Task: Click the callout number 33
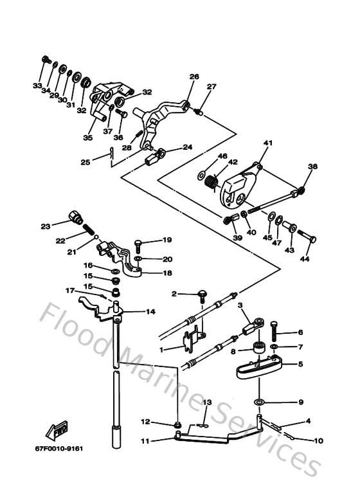[37, 86]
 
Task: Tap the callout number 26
[194, 77]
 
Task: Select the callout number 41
[267, 142]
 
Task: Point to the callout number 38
[312, 167]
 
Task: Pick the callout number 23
[45, 226]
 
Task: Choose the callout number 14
[150, 312]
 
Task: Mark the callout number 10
[319, 440]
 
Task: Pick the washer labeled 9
[259, 402]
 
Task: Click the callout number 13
[207, 402]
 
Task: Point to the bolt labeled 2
[201, 294]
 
